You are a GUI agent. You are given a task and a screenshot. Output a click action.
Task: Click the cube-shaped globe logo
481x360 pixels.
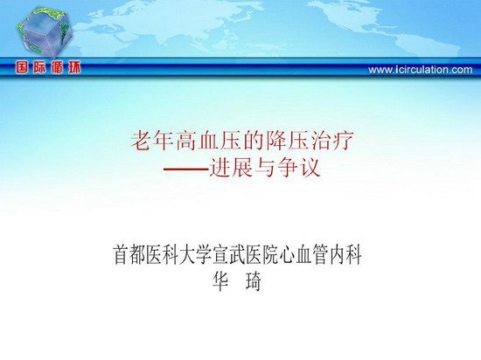[45, 32]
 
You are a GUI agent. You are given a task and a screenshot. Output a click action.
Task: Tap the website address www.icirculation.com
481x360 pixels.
[421, 70]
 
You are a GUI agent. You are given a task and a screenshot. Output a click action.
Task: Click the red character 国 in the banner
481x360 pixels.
[22, 67]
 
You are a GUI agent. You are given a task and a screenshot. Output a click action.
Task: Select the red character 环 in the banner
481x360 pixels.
[74, 67]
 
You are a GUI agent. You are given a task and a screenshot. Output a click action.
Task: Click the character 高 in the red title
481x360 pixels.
[186, 141]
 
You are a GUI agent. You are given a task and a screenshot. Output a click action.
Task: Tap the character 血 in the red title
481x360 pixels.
[209, 141]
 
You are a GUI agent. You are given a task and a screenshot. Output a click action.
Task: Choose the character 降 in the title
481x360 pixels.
[276, 141]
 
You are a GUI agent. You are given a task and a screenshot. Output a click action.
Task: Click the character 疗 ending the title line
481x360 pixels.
[344, 141]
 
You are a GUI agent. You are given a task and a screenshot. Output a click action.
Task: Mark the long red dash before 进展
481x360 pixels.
[186, 169]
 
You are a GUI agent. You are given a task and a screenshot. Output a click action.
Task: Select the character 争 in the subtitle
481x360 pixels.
[288, 168]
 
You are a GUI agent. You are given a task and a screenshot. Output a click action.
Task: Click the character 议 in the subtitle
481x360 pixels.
[310, 168]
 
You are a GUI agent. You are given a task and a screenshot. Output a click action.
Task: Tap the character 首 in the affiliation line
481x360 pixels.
[122, 254]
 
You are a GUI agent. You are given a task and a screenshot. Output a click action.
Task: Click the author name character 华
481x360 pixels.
[220, 281]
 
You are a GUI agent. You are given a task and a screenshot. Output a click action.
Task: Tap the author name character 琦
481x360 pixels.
[254, 281]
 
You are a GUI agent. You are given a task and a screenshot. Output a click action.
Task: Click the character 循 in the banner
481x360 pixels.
[57, 67]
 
